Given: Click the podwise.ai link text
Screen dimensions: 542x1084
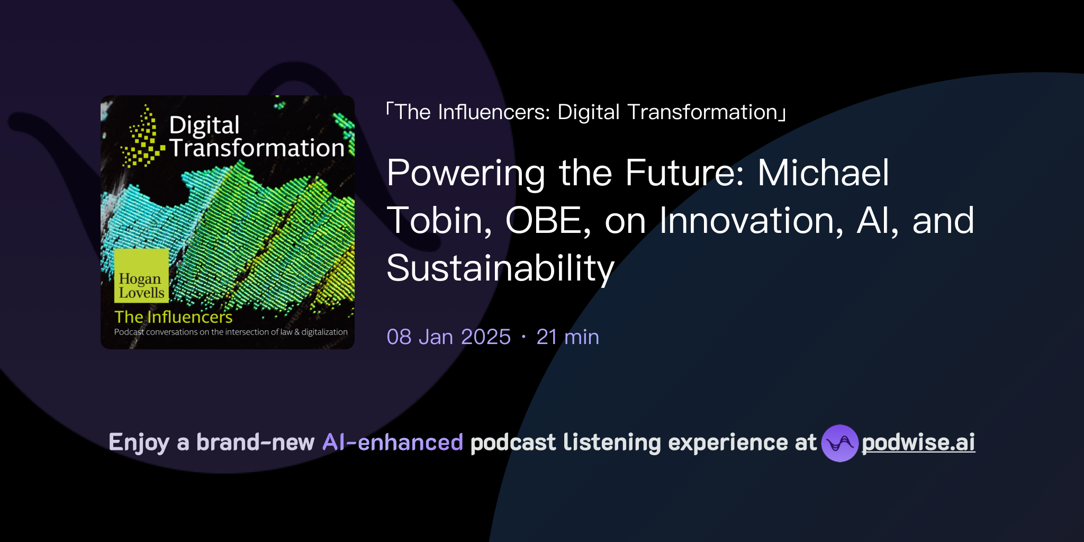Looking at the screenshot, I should click(918, 442).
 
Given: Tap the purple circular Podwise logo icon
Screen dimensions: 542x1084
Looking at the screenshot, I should click(839, 443).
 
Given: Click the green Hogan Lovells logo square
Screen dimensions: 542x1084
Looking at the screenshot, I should click(141, 276).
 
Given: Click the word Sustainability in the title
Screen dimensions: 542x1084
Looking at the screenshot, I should click(500, 268).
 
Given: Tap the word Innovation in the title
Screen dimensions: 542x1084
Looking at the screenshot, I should click(751, 220).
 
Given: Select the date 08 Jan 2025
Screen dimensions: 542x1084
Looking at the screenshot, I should click(448, 337).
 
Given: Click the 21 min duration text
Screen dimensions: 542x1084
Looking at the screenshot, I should click(567, 337).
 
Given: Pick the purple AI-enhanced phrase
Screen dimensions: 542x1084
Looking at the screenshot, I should click(393, 442).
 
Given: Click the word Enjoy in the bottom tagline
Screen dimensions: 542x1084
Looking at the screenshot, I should click(139, 442).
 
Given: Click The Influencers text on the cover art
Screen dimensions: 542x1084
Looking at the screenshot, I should click(173, 317).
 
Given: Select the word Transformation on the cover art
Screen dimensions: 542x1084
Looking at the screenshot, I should click(257, 148).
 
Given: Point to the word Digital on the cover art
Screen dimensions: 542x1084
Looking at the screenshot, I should click(204, 125).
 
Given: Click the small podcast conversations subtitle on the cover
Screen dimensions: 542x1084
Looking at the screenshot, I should click(231, 332).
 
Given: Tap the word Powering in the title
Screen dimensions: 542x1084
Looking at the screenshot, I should click(465, 174).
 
